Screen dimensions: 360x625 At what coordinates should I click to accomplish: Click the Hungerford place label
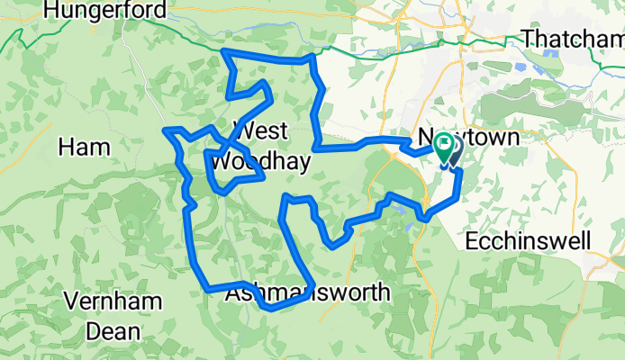(110, 11)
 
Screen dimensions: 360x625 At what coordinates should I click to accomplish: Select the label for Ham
(84, 147)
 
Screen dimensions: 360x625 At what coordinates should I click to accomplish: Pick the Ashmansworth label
(308, 293)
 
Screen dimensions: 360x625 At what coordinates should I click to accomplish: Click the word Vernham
(112, 301)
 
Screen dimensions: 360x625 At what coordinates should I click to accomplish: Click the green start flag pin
(443, 144)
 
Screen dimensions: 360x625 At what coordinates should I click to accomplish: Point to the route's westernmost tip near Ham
(165, 131)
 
